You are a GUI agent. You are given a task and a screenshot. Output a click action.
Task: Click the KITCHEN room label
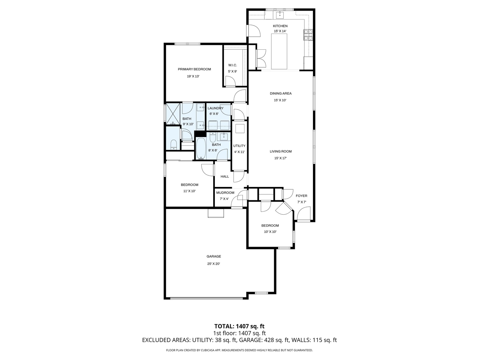tap(280, 26)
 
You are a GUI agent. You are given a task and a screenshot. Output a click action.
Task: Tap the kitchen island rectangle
tap(279, 51)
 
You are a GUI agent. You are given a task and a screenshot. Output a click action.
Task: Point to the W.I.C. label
tap(233, 65)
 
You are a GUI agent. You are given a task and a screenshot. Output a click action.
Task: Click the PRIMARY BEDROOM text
tap(194, 69)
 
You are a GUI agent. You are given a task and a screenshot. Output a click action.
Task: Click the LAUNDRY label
tap(215, 108)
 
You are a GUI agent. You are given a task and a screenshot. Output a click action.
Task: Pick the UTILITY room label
tap(239, 146)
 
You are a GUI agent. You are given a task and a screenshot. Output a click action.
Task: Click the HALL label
tap(225, 176)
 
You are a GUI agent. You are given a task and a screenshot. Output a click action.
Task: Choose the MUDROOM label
tap(225, 193)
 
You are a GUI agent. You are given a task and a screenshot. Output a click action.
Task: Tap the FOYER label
tap(301, 196)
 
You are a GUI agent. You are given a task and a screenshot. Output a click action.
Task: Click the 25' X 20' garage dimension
tap(214, 264)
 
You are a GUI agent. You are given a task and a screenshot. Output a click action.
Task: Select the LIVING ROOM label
tap(280, 151)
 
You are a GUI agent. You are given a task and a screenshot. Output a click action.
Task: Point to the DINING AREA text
tap(280, 94)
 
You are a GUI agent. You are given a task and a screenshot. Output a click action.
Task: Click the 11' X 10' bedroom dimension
tap(189, 191)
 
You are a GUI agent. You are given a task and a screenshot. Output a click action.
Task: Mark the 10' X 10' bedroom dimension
tap(270, 232)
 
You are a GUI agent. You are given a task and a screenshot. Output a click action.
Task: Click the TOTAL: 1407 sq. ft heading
tap(239, 326)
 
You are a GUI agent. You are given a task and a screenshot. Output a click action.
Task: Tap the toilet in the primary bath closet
tap(173, 144)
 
